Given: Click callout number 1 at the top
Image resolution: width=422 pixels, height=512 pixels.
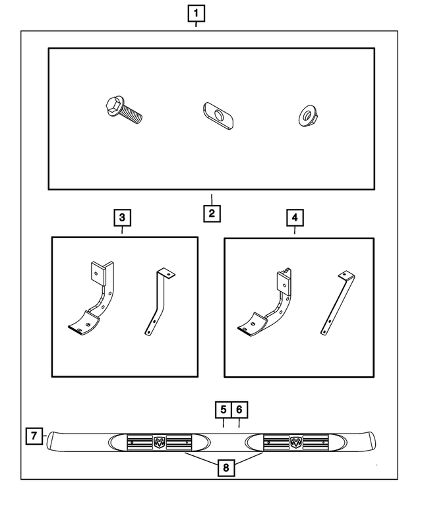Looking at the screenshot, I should [196, 13].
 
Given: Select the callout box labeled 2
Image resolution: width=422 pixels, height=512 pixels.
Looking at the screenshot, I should [212, 213].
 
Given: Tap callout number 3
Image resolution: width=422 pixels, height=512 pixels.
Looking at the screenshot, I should [122, 217].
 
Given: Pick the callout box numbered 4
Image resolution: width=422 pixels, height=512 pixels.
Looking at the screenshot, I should [295, 217].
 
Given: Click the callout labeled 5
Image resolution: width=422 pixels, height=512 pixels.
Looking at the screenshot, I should [224, 410].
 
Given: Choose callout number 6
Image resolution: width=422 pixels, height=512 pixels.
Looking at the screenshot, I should [239, 410].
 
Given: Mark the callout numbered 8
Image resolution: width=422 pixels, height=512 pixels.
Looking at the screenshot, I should [225, 469].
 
